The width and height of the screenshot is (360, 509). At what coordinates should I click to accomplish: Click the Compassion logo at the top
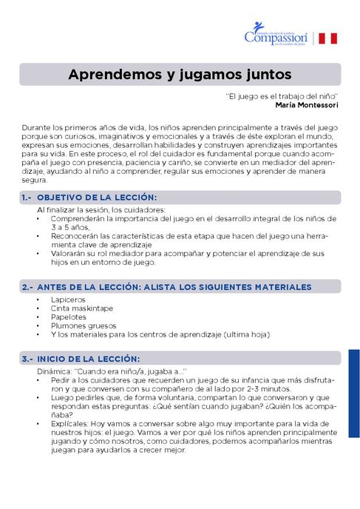click(x=275, y=36)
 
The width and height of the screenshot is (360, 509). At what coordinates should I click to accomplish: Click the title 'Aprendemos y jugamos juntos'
click(x=180, y=75)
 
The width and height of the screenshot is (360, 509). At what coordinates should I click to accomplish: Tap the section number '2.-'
click(x=27, y=286)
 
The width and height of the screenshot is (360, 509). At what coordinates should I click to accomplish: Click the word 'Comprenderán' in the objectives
click(x=78, y=218)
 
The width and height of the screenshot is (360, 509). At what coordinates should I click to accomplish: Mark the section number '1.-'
click(x=27, y=198)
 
